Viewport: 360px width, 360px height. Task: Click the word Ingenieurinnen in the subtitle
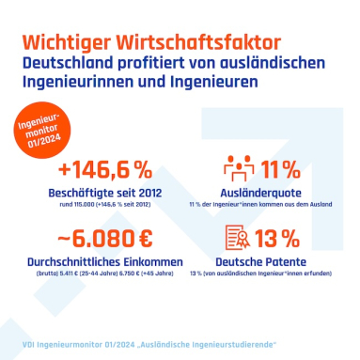[x=88, y=83]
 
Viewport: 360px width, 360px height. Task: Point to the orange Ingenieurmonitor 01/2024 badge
[x=40, y=128]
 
